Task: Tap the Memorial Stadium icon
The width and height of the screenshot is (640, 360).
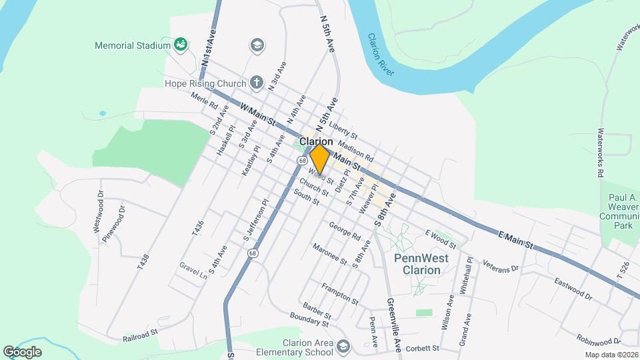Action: pos(179,45)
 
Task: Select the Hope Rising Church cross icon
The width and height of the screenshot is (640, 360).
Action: pos(256,83)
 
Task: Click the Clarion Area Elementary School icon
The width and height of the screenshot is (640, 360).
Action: pos(343,347)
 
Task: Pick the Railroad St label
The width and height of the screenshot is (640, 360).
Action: pos(140,335)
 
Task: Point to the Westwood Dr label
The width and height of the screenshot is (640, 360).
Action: pos(99,212)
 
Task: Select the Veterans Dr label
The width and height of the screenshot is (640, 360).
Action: pos(501,265)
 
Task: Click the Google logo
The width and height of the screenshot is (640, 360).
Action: pos(22,351)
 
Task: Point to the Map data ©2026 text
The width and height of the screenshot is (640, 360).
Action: pos(611,355)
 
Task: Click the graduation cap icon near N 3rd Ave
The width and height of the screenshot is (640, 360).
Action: pos(256,45)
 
